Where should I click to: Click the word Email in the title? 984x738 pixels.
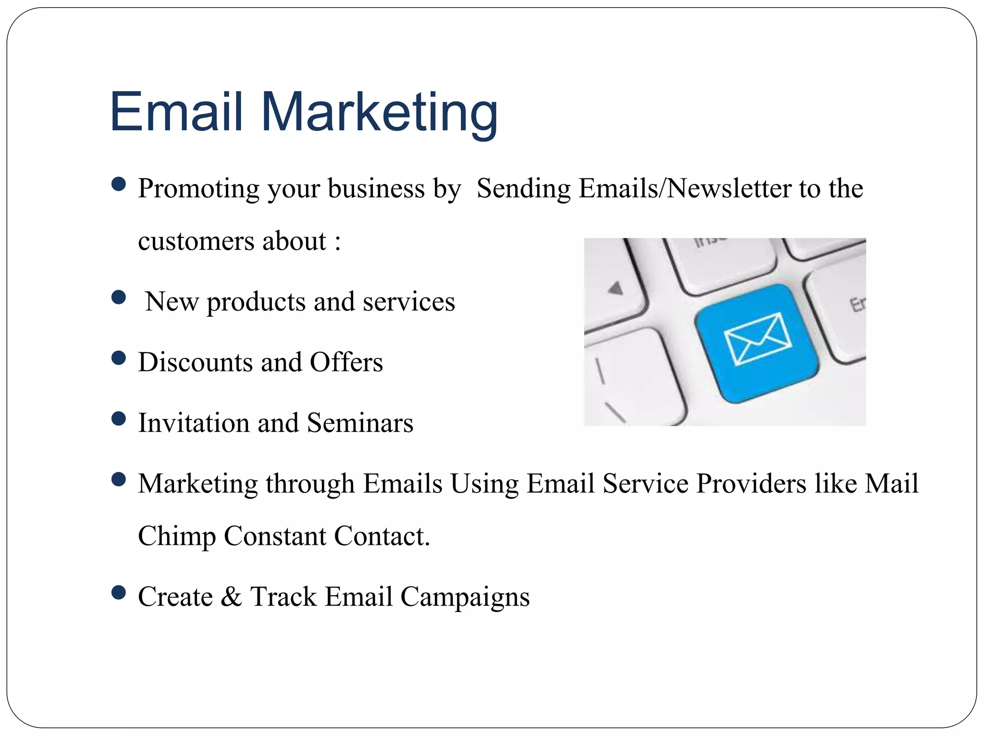pos(176,112)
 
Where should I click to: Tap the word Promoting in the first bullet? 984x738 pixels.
pos(198,189)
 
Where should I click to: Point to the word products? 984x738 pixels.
pos(256,303)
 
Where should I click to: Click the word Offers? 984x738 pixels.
pos(346,362)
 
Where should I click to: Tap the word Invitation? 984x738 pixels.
pos(194,423)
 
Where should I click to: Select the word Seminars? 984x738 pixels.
pos(360,423)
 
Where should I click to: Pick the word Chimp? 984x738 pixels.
pos(177,536)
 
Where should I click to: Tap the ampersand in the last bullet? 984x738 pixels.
pos(231,597)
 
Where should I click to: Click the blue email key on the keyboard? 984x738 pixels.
pos(756,344)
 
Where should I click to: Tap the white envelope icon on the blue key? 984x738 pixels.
pos(757,338)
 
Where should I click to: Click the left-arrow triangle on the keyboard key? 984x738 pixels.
pos(615,288)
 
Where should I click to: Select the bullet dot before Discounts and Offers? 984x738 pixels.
pos(118,358)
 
